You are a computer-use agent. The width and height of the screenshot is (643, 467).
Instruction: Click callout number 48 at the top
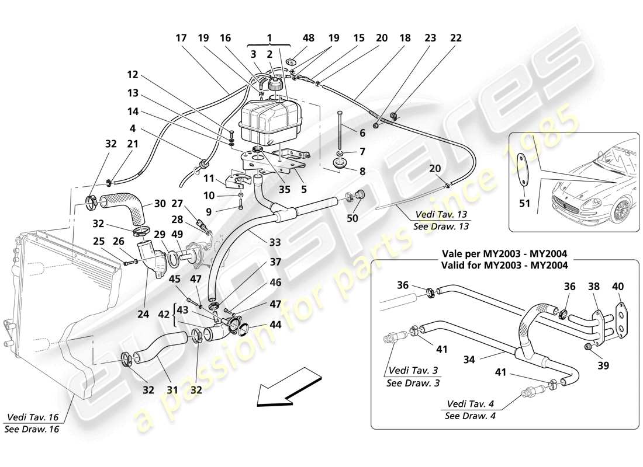[308, 38]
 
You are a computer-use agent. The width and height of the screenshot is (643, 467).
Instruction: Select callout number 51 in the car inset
[524, 204]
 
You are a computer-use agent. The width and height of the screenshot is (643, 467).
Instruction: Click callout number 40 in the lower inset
[618, 286]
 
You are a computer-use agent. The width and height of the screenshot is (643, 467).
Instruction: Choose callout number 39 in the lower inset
[603, 366]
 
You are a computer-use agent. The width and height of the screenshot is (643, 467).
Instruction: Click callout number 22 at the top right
[456, 38]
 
